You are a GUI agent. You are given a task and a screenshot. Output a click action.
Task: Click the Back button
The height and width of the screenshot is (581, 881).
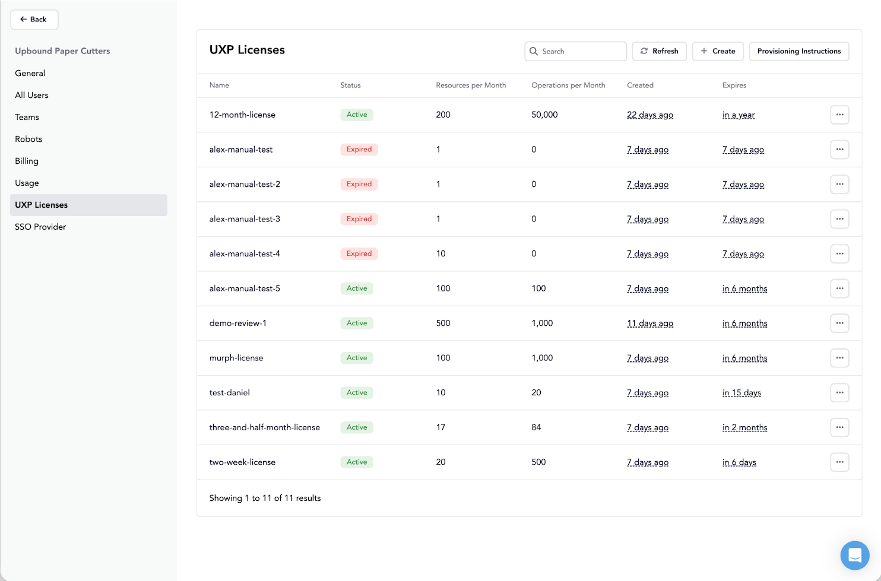pyautogui.click(x=34, y=20)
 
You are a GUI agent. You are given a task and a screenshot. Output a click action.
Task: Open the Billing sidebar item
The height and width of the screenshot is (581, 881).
pyautogui.click(x=27, y=161)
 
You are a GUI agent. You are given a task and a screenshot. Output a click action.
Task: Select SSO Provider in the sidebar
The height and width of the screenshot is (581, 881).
pyautogui.click(x=40, y=227)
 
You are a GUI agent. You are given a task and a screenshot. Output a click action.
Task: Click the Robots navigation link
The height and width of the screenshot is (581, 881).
pyautogui.click(x=28, y=139)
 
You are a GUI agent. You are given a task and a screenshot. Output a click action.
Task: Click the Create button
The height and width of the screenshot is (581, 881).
pyautogui.click(x=718, y=52)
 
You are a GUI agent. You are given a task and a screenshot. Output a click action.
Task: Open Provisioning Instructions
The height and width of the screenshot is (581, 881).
pyautogui.click(x=798, y=52)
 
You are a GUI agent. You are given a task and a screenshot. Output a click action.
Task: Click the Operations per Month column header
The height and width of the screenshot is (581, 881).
pyautogui.click(x=568, y=85)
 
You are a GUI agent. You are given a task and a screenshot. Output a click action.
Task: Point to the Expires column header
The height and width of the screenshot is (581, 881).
pyautogui.click(x=734, y=85)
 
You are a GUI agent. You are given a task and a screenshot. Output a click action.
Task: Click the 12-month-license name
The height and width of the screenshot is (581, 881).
pyautogui.click(x=242, y=115)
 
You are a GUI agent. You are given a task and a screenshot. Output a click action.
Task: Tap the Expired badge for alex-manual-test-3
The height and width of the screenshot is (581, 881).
pyautogui.click(x=359, y=219)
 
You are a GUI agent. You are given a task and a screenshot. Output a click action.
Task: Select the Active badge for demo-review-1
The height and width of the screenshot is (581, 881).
pyautogui.click(x=357, y=323)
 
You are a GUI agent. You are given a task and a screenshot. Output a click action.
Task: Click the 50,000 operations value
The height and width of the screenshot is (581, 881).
pyautogui.click(x=544, y=115)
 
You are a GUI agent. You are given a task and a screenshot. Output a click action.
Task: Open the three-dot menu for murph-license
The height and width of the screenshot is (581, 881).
pyautogui.click(x=839, y=358)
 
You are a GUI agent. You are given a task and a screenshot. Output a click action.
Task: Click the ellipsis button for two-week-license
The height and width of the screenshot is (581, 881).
pyautogui.click(x=839, y=462)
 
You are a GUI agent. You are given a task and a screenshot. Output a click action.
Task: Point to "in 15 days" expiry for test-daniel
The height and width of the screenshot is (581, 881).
pyautogui.click(x=741, y=393)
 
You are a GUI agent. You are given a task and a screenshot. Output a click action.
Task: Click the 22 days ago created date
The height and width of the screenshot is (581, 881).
pyautogui.click(x=650, y=115)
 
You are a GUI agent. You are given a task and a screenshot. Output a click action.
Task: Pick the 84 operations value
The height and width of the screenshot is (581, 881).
pyautogui.click(x=536, y=427)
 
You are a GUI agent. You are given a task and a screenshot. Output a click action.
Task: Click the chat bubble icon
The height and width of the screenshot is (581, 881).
pyautogui.click(x=854, y=555)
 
